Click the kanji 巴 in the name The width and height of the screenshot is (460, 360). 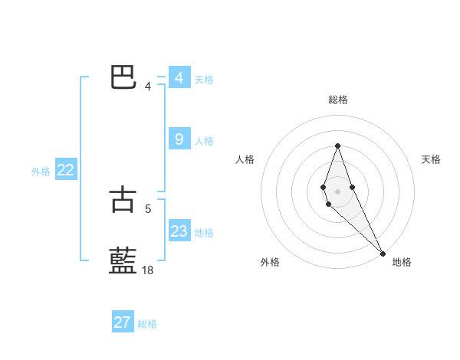click(123, 77)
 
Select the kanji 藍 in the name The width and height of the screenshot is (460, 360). click(123, 260)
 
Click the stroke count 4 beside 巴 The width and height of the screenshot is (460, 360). click(148, 86)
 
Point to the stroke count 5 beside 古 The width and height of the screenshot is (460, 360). click(148, 207)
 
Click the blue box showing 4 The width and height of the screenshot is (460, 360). click(179, 78)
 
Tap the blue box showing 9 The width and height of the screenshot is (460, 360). click(179, 139)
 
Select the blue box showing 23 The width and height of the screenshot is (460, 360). click(179, 231)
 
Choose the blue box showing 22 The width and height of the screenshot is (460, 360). click(65, 171)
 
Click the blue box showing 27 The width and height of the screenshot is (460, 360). click(122, 322)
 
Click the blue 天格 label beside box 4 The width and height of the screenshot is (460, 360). click(203, 79)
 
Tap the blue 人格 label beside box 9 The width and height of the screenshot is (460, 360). click(203, 140)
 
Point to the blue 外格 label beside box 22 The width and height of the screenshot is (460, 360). click(41, 172)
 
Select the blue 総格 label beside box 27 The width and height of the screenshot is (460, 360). click(147, 324)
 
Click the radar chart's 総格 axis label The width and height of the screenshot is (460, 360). click(337, 100)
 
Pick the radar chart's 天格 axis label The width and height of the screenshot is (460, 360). click(431, 159)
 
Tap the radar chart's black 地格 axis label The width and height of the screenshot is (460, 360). click(402, 262)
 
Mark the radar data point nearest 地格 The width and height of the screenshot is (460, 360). click(382, 254)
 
